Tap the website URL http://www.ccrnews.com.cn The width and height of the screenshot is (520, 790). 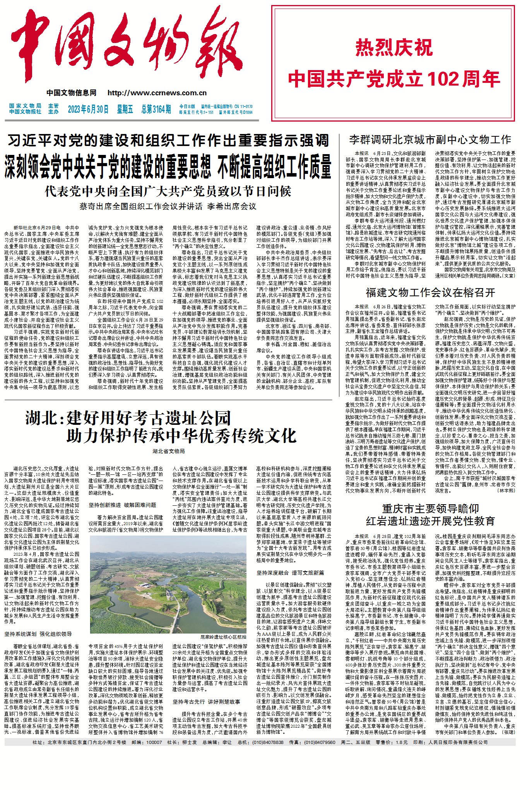point(157,93)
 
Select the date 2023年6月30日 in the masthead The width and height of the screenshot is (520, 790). point(88,110)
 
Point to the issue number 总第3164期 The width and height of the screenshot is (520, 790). point(156,110)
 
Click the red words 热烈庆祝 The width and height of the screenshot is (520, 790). point(394,48)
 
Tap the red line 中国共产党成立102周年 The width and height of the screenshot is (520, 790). point(394,79)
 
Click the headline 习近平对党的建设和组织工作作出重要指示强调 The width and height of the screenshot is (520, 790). point(168,141)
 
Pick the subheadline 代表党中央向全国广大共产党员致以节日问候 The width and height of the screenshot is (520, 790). point(168,191)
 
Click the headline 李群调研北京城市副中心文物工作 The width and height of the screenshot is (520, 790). point(430,140)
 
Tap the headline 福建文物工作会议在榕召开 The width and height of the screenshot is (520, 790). point(430,292)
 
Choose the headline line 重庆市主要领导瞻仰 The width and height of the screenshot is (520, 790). point(430,508)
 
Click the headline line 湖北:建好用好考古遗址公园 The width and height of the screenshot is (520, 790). point(128,418)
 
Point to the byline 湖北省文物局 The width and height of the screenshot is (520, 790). point(168,451)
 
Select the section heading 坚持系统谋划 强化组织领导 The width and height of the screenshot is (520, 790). point(38,634)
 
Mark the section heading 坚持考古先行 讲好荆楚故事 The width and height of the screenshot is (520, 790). point(206,702)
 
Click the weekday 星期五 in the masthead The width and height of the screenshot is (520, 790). point(125,110)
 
